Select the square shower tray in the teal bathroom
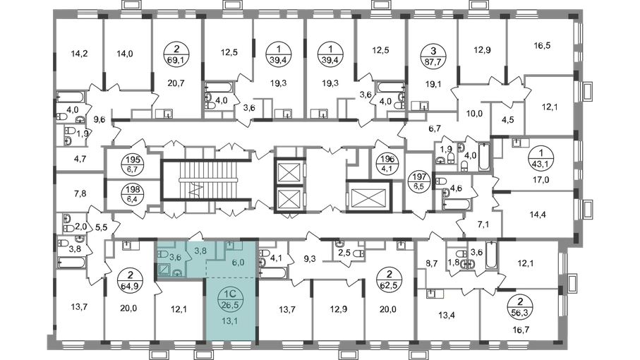pyautogui.click(x=163, y=269)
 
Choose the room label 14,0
pyautogui.click(x=125, y=52)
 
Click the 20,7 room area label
pyautogui.click(x=177, y=84)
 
